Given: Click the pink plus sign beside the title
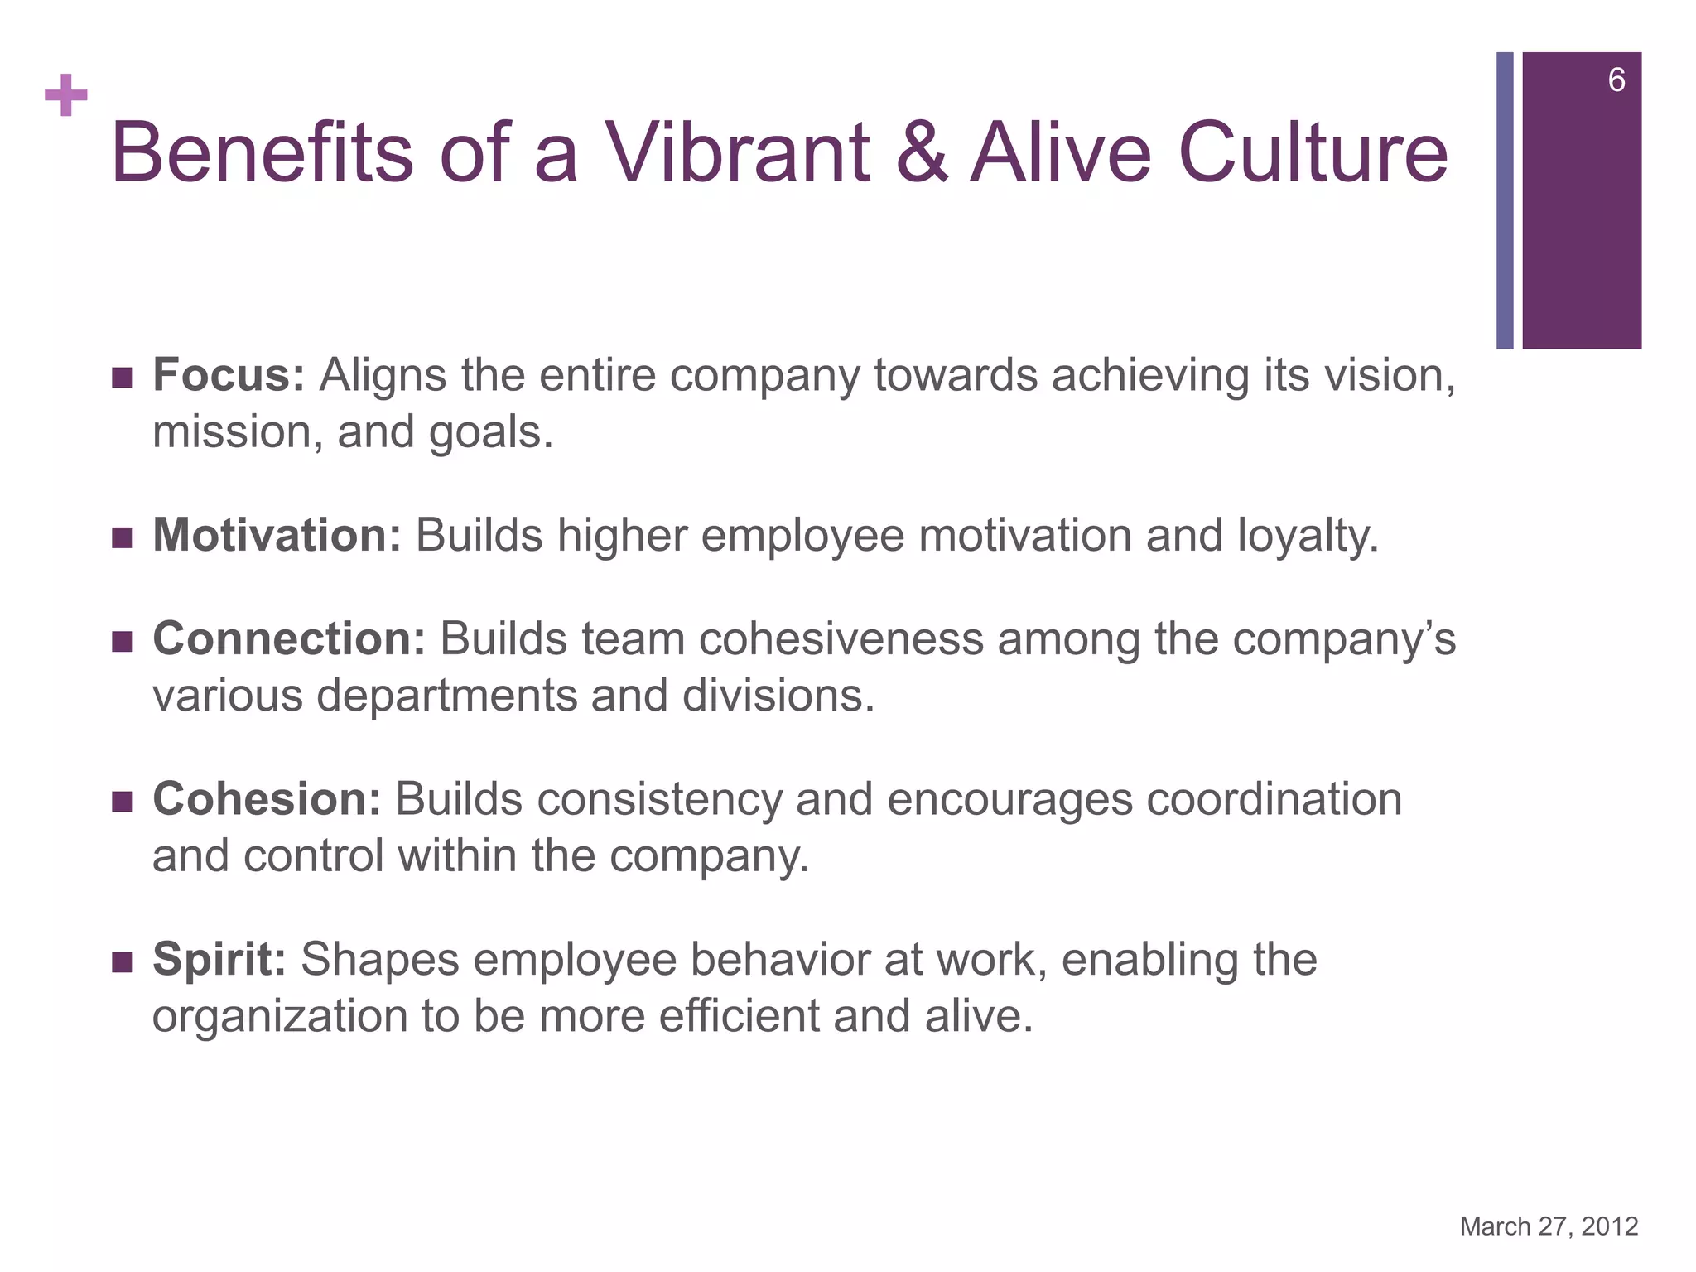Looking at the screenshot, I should coord(66,96).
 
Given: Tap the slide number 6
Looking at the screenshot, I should coord(1616,80).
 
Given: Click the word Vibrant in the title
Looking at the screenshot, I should coord(737,152).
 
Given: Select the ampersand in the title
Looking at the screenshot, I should coord(921,152).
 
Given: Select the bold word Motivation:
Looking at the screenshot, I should coord(277,535).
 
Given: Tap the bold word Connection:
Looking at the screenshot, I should coord(289,639).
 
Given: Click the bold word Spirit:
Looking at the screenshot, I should coord(219,960).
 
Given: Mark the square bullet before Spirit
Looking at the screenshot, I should coord(122,962).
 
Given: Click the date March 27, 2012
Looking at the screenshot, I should coord(1549,1226).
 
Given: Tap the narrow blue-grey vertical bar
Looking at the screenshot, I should coord(1504,200).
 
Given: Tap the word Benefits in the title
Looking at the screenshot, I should coord(262,152).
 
